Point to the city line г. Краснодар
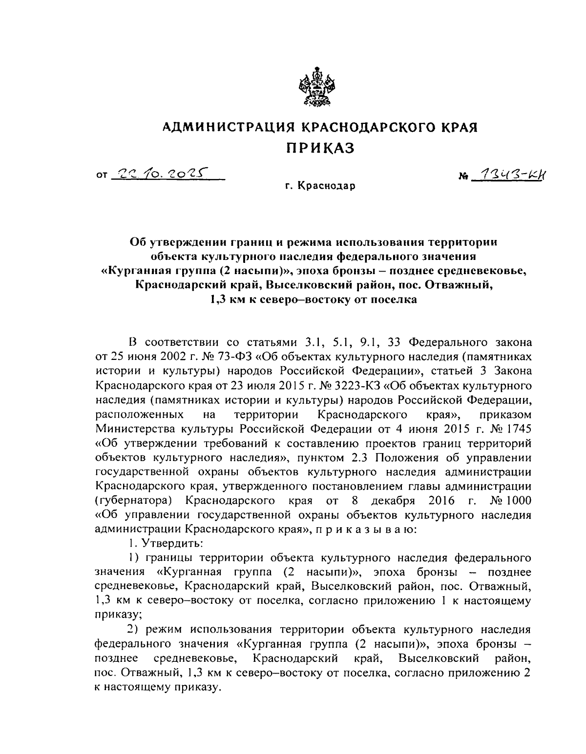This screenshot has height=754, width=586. point(321,186)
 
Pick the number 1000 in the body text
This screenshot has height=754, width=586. point(517,501)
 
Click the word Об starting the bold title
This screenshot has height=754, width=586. point(138,242)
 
